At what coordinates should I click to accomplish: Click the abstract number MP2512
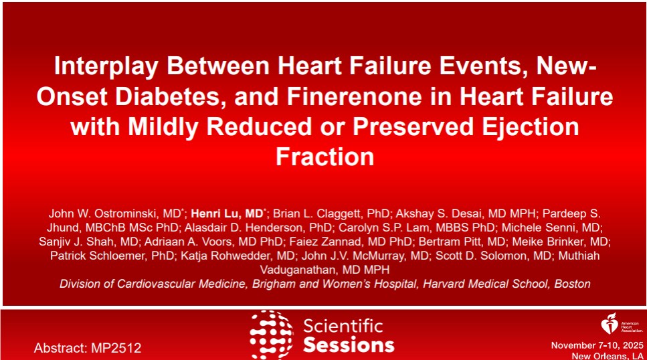pyautogui.click(x=118, y=348)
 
